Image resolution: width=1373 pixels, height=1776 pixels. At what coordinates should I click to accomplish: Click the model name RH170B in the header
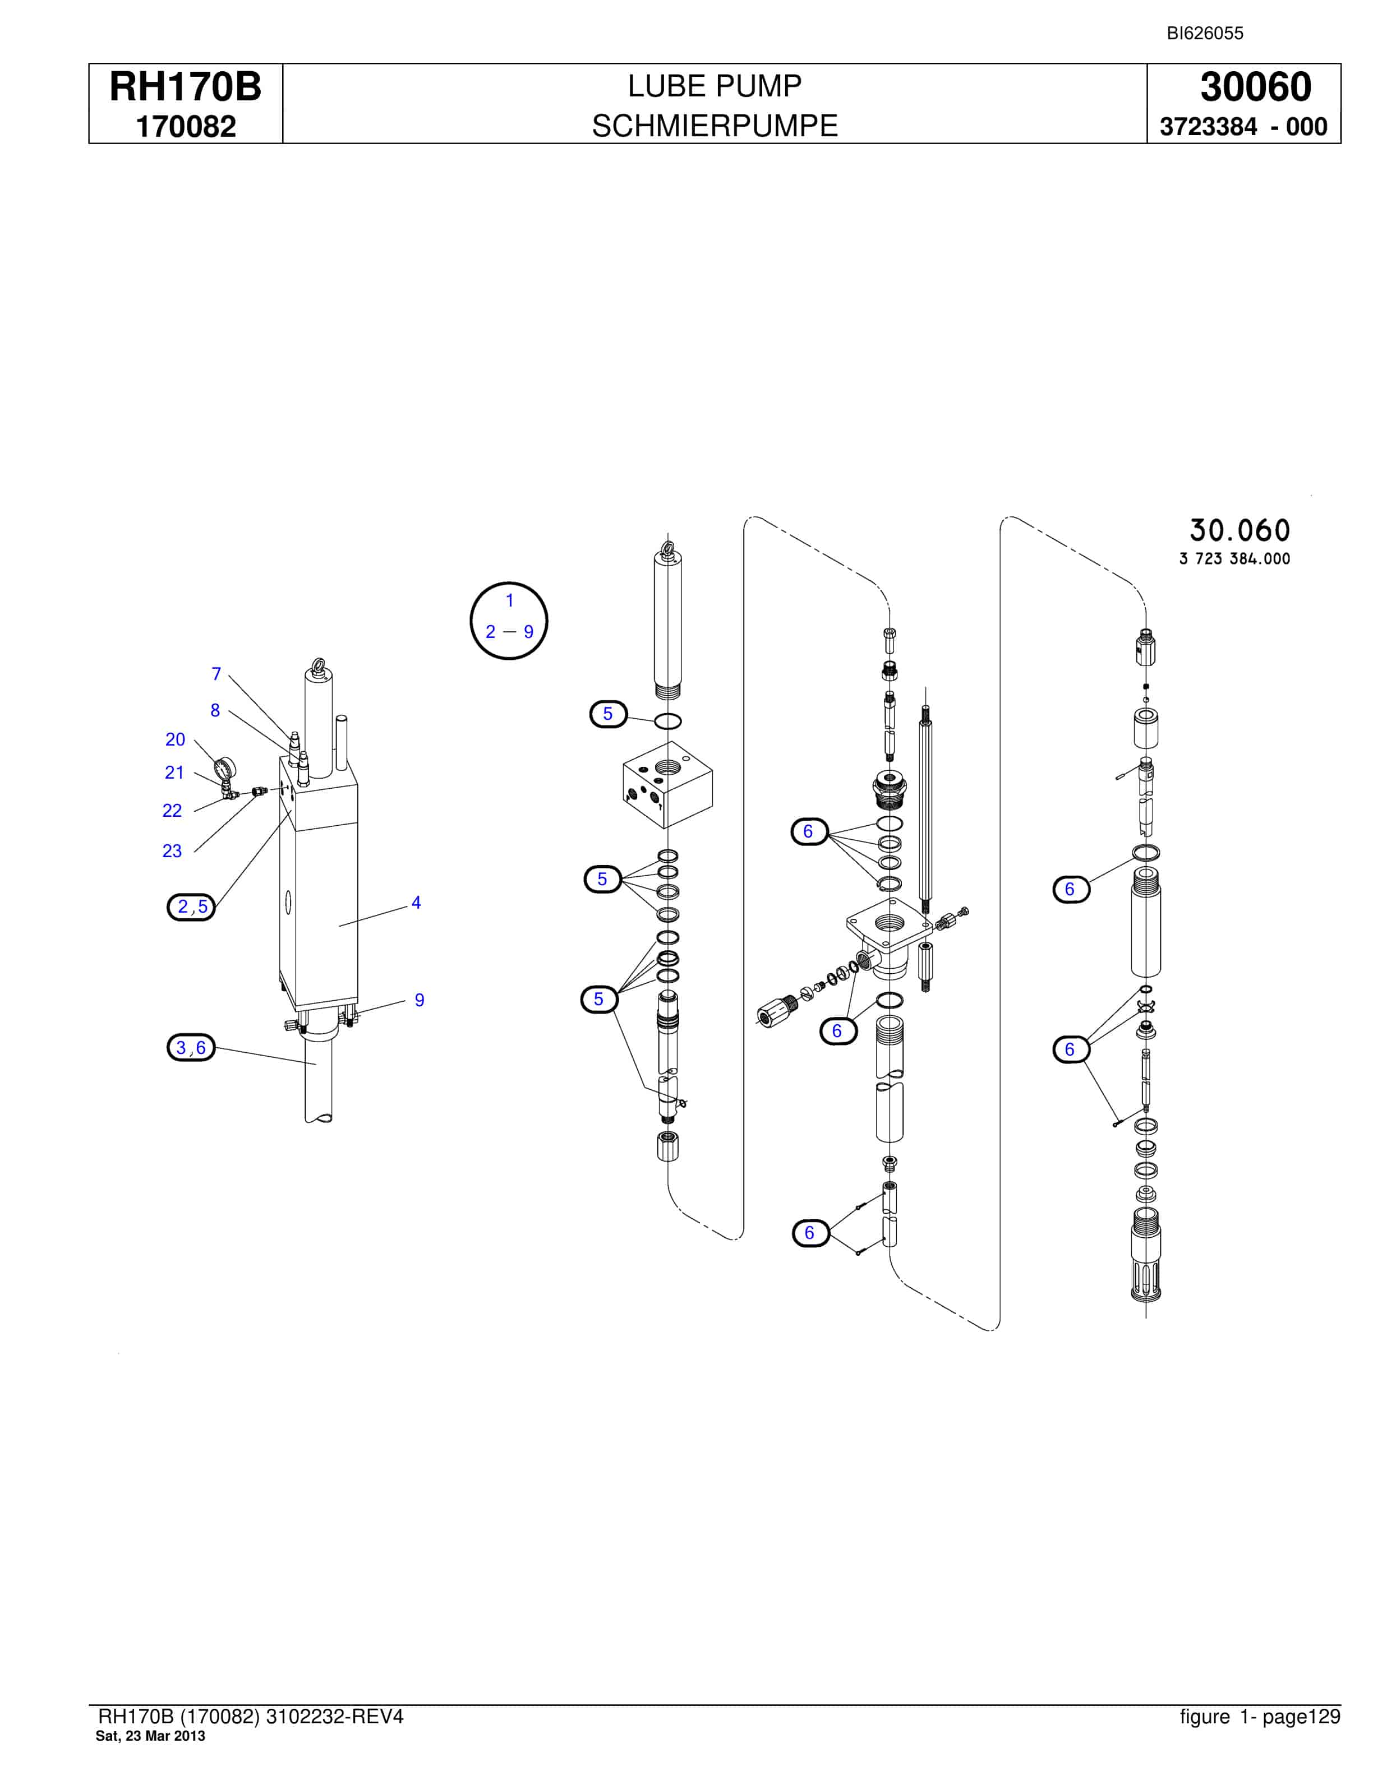pyautogui.click(x=186, y=87)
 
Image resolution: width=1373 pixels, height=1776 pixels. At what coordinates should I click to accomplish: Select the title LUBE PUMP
pyautogui.click(x=714, y=85)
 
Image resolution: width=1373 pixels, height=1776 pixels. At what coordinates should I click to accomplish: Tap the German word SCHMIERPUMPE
pyautogui.click(x=714, y=126)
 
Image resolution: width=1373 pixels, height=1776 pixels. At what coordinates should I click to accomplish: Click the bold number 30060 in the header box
pyautogui.click(x=1256, y=87)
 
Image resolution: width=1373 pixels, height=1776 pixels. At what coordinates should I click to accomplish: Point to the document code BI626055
pyautogui.click(x=1205, y=33)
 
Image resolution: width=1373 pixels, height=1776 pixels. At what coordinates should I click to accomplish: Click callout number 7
pyautogui.click(x=216, y=673)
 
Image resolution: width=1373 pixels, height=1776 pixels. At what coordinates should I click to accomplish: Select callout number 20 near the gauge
pyautogui.click(x=175, y=739)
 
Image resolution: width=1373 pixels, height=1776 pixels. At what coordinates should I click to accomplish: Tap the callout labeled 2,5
pyautogui.click(x=192, y=906)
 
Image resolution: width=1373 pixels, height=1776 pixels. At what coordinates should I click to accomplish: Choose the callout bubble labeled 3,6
pyautogui.click(x=191, y=1047)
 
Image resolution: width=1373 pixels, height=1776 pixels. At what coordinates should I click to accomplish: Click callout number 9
pyautogui.click(x=419, y=1000)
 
